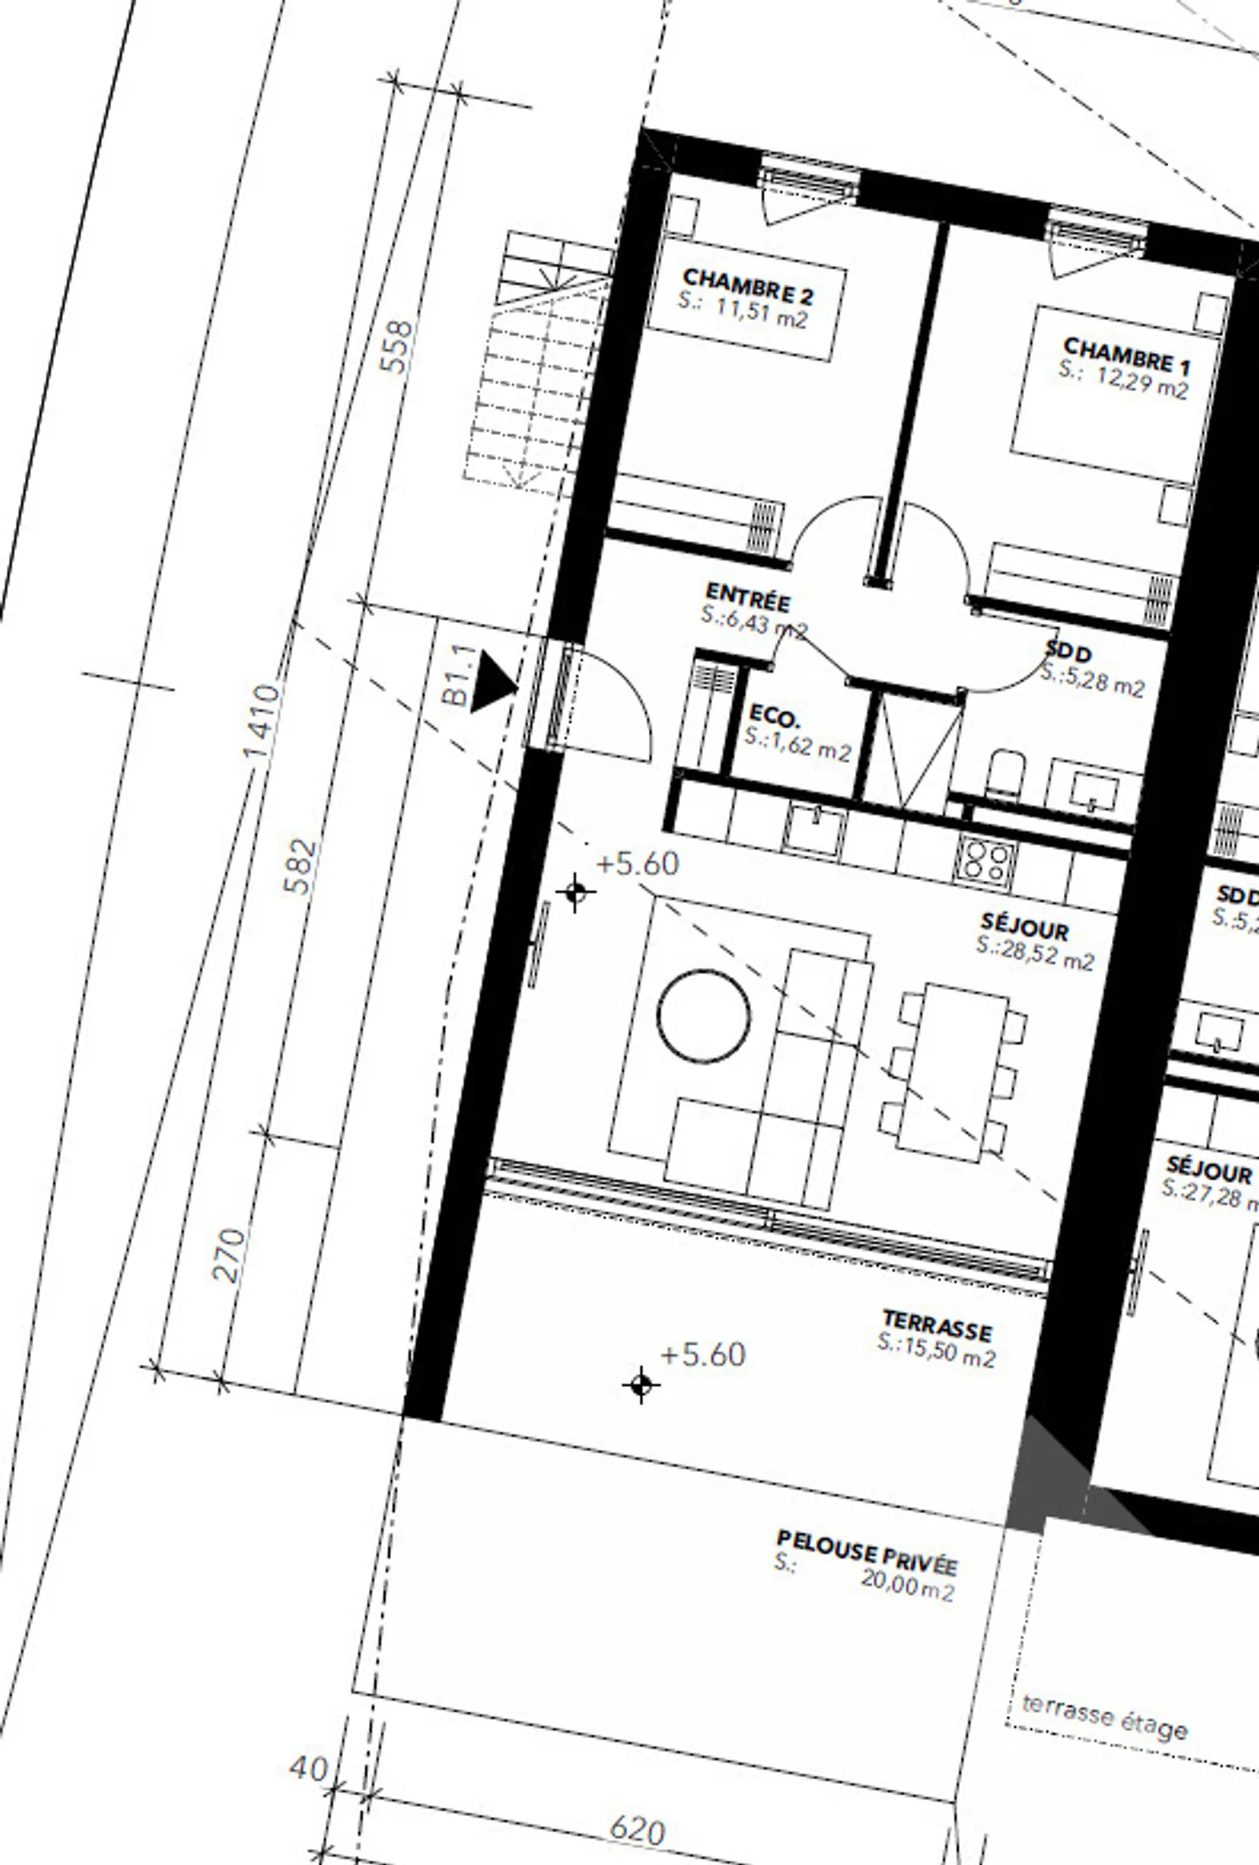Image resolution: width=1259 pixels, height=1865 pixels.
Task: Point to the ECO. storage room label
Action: click(x=774, y=718)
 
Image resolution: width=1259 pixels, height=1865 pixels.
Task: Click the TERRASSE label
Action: click(x=937, y=1326)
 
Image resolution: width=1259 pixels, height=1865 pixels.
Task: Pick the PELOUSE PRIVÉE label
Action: click(x=866, y=1551)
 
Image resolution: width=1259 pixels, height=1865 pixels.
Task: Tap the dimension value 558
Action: click(x=398, y=347)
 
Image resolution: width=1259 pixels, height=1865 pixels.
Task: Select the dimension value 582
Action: click(x=299, y=866)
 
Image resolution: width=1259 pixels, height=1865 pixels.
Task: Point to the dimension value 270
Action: click(x=229, y=1255)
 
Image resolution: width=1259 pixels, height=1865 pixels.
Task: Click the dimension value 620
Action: click(x=636, y=1829)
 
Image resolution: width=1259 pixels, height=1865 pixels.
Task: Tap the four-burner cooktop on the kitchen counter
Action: click(x=986, y=861)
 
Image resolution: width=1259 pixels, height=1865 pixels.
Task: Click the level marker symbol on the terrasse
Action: click(x=641, y=1385)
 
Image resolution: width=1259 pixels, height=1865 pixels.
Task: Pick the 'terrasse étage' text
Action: click(x=1104, y=1716)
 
